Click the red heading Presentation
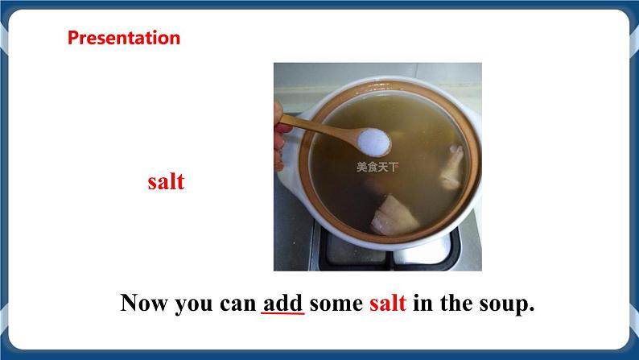click(x=123, y=38)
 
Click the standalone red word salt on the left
click(x=166, y=181)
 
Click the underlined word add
click(x=282, y=303)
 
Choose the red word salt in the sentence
click(x=388, y=304)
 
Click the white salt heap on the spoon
click(x=373, y=143)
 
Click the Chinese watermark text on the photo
click(x=377, y=168)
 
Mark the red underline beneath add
click(x=282, y=315)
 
